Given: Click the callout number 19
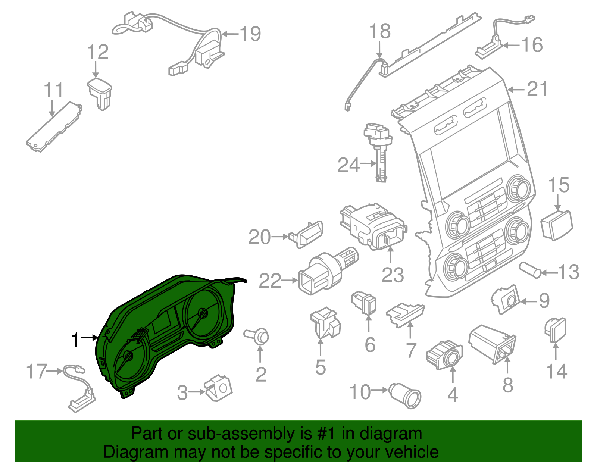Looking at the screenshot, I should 250,34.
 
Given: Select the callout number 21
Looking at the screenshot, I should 537,89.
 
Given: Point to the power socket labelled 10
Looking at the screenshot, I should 406,395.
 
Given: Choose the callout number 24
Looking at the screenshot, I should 348,165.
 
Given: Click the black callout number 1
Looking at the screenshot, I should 75,340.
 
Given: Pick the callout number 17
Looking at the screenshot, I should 37,372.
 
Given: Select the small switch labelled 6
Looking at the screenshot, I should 365,303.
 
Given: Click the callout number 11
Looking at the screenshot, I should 53,90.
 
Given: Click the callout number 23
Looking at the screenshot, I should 393,275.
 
